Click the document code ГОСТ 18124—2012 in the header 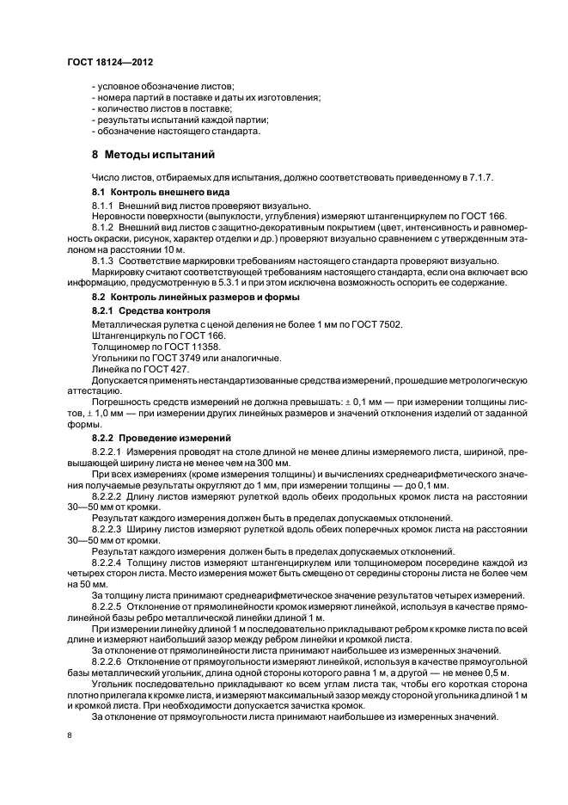pos(111,62)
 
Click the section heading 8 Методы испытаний pos(153,156)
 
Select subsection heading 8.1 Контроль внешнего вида pos(160,192)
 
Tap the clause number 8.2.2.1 pos(108,450)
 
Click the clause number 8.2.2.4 pos(108,561)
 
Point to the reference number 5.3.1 pos(235,282)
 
